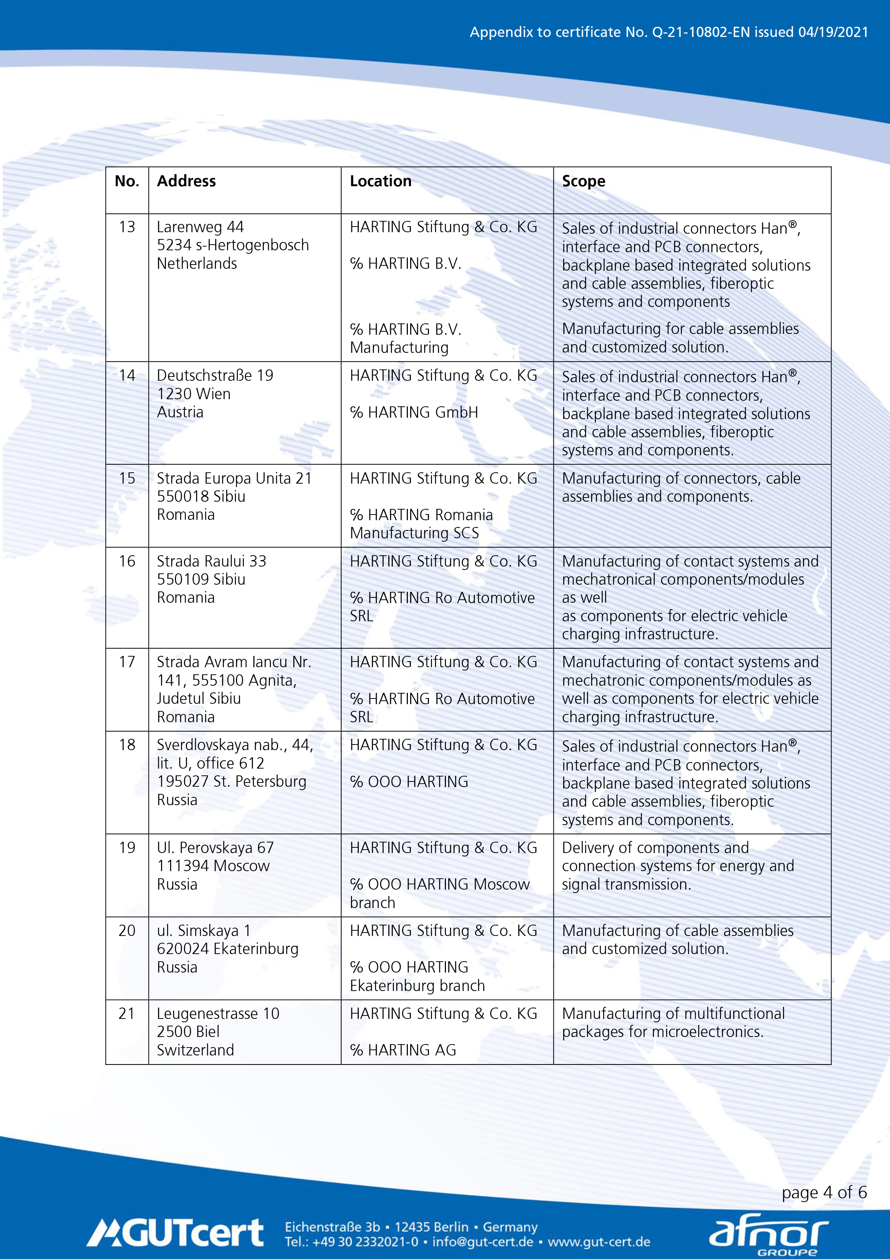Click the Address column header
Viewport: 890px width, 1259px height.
(187, 182)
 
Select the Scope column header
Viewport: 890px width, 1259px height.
(584, 182)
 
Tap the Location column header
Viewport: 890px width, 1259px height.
(381, 182)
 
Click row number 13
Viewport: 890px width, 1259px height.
(127, 227)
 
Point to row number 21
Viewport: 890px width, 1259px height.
(127, 1013)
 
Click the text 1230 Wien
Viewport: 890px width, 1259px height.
(194, 394)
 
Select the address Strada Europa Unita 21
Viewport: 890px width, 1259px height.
(234, 478)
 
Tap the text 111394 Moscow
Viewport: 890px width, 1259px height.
(213, 866)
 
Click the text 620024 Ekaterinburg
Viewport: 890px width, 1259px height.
(228, 949)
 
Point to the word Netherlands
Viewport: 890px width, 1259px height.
(197, 264)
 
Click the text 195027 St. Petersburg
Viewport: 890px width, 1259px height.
(231, 781)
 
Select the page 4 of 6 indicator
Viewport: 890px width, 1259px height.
(824, 1192)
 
